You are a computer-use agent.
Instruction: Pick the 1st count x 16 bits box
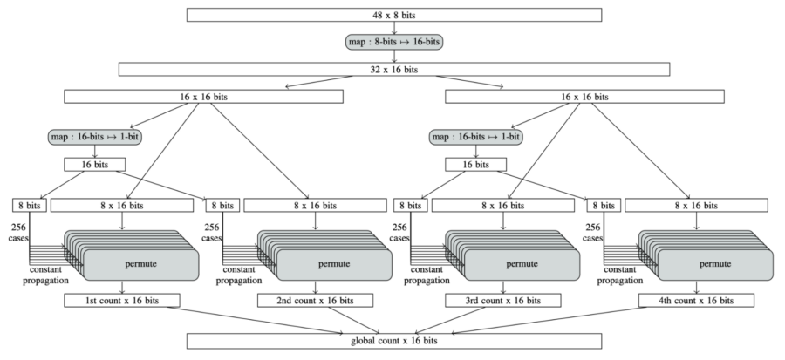[x=122, y=300]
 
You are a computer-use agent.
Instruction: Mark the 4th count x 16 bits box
[x=695, y=300]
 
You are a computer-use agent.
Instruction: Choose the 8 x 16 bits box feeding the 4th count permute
[x=695, y=205]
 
